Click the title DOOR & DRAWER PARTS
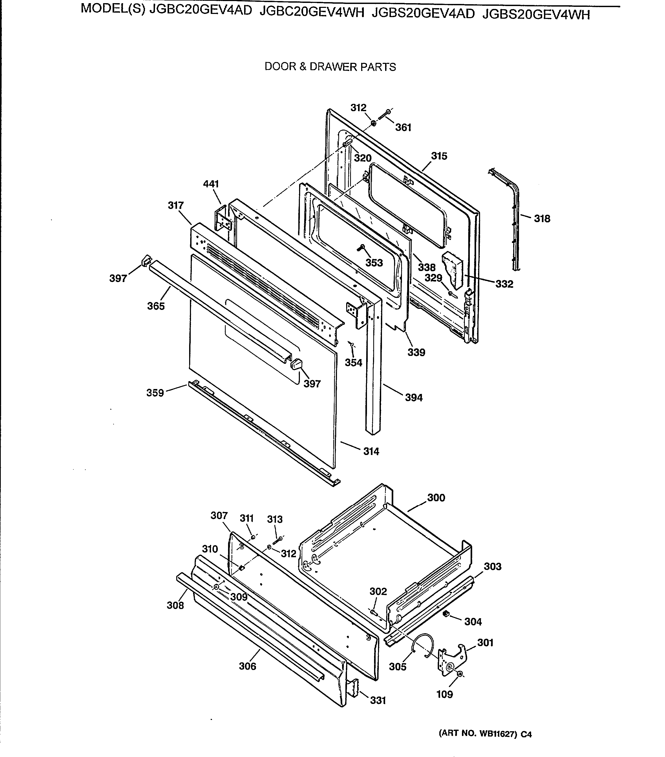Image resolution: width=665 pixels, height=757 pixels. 330,67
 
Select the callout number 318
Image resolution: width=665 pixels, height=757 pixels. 542,219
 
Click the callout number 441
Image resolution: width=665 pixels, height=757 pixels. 211,184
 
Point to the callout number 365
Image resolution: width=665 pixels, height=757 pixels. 156,306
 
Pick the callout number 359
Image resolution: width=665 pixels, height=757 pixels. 155,393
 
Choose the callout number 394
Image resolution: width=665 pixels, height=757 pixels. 414,397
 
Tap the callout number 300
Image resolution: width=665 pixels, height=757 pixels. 436,498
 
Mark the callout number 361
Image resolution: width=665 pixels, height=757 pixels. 403,127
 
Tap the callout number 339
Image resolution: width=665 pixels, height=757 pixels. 416,352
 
